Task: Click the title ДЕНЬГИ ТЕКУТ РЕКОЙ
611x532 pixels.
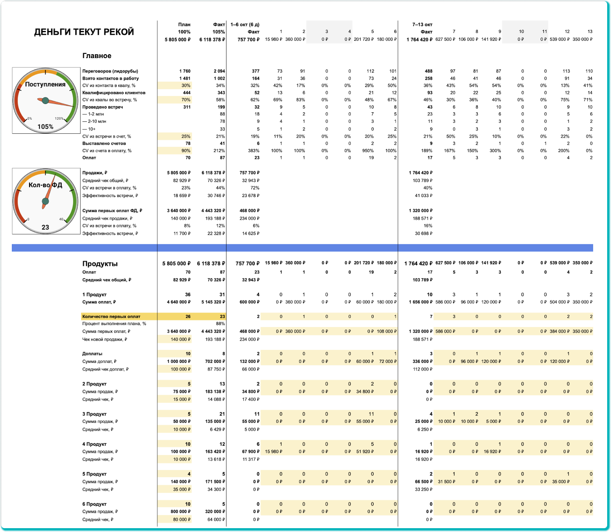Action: point(84,32)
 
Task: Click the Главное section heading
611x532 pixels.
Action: point(97,56)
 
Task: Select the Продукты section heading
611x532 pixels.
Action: point(100,264)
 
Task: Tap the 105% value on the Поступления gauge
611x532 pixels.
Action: point(45,127)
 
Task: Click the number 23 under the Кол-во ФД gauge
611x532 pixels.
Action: point(45,227)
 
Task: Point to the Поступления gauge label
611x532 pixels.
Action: point(45,84)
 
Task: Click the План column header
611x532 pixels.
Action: point(184,24)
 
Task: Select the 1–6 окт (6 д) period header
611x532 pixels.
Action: point(245,24)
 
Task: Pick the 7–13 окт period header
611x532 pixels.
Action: point(422,24)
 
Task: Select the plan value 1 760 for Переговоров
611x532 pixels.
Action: point(184,71)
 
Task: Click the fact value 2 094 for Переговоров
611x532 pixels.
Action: point(219,71)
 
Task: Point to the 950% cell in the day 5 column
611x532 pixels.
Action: point(368,150)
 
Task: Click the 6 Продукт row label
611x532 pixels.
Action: point(94,504)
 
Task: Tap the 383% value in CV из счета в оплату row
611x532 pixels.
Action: point(254,150)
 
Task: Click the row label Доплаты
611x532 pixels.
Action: point(92,354)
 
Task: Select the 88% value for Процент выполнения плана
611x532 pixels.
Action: point(220,323)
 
